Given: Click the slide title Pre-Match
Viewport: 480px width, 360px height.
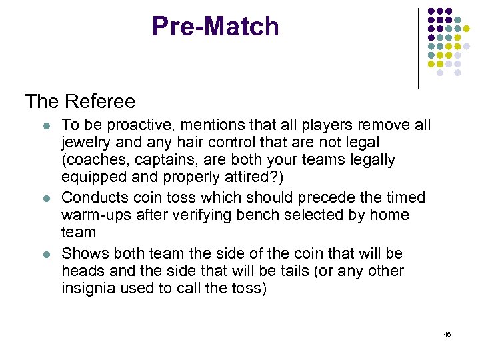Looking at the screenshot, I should click(215, 27).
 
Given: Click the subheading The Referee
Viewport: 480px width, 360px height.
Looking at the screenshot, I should click(80, 101).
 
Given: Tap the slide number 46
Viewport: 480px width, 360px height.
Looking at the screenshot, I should click(447, 333).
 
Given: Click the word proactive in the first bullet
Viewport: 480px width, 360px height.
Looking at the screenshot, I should click(133, 125).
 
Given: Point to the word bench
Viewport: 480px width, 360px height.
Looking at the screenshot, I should click(255, 215).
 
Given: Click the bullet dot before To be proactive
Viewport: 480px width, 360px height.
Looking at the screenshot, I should click(43, 125).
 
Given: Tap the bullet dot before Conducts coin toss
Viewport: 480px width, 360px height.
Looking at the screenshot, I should click(43, 197).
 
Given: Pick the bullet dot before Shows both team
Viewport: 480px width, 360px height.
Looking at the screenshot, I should click(43, 253).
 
